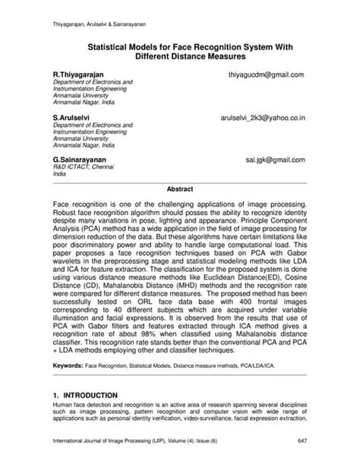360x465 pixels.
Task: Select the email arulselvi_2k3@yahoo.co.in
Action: [x=263, y=119]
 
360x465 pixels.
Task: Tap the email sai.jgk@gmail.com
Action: [x=275, y=160]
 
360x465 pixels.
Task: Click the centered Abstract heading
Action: [x=179, y=188]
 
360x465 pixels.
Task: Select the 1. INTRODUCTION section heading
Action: [x=85, y=396]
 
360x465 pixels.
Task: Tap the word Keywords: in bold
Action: [x=68, y=365]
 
